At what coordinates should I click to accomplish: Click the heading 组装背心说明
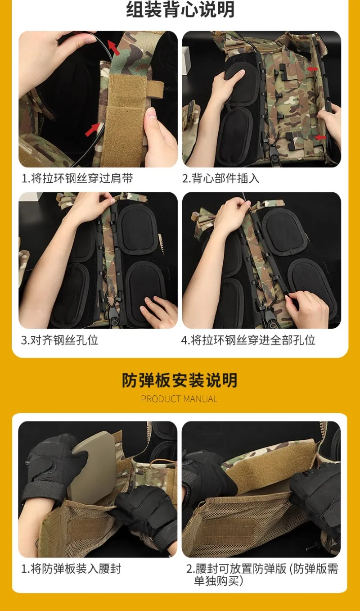pyautogui.click(x=180, y=9)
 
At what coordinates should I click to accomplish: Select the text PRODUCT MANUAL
pyautogui.click(x=179, y=399)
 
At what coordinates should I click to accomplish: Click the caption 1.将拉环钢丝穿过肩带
pyautogui.click(x=77, y=178)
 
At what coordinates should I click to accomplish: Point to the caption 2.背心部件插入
pyautogui.click(x=221, y=178)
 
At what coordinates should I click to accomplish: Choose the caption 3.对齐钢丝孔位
pyautogui.click(x=59, y=340)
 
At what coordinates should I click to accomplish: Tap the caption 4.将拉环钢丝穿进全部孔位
pyautogui.click(x=248, y=340)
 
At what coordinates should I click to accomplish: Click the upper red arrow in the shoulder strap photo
pyautogui.click(x=114, y=47)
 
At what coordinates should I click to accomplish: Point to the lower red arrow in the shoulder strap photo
pyautogui.click(x=92, y=129)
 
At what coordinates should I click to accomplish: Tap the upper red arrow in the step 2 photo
pyautogui.click(x=312, y=69)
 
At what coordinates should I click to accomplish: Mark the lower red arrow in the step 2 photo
pyautogui.click(x=320, y=137)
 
